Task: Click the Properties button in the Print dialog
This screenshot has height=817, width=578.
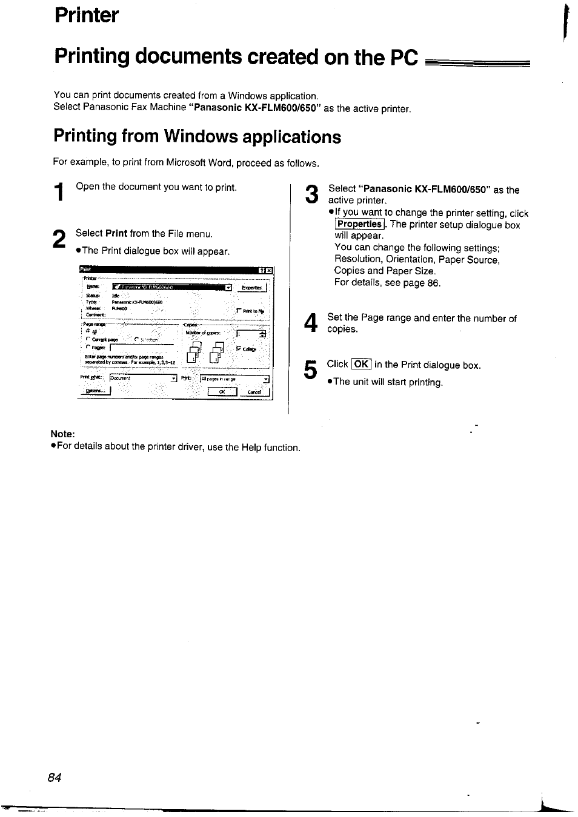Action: tap(251, 288)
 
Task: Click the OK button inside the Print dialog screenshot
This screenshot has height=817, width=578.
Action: tap(222, 392)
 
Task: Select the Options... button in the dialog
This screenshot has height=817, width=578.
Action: tap(96, 391)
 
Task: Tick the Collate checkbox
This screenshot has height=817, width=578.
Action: tap(239, 348)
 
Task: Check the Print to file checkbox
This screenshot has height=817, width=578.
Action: tap(239, 311)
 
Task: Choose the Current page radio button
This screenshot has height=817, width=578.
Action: tap(88, 339)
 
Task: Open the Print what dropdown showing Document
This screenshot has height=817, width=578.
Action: tap(143, 379)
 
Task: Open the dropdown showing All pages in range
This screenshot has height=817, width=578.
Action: tap(234, 379)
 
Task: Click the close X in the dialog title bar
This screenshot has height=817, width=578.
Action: tap(268, 270)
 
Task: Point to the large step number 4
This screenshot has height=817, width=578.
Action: tap(310, 323)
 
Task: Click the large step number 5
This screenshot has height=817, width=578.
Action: tap(310, 369)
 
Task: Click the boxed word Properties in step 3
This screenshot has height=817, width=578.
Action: tap(360, 224)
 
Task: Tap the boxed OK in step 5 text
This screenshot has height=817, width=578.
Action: tap(361, 365)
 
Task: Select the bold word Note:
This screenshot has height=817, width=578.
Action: tap(63, 434)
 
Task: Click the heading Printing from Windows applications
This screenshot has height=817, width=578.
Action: tap(197, 137)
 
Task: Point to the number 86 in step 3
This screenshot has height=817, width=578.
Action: tap(433, 283)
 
